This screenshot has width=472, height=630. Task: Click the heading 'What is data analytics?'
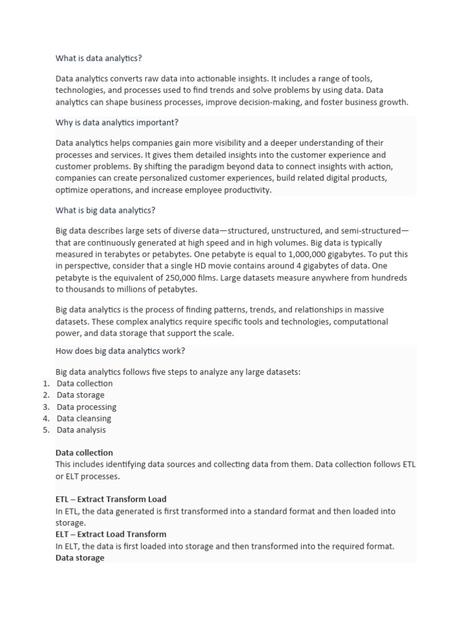[x=98, y=58]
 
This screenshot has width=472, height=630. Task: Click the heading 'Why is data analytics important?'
[x=117, y=122]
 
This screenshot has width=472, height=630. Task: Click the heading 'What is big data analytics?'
[x=105, y=210]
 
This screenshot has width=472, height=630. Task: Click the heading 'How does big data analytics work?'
[x=120, y=351]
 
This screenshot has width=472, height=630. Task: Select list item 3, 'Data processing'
[x=86, y=407]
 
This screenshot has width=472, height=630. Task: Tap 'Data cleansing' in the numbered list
[x=84, y=418]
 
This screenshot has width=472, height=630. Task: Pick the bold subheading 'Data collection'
[x=84, y=453]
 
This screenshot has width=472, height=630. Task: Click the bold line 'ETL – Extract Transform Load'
[x=111, y=499]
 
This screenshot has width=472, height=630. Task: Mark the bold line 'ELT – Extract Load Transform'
[x=111, y=534]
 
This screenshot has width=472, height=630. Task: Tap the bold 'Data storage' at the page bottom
[x=80, y=557]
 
